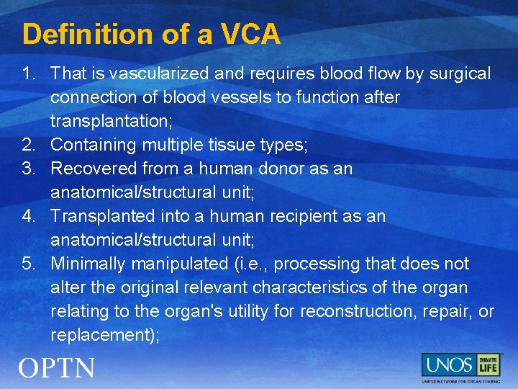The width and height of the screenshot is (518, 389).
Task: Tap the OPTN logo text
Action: click(x=57, y=368)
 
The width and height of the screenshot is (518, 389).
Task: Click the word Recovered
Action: click(x=95, y=169)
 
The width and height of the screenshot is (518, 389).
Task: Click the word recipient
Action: click(x=301, y=216)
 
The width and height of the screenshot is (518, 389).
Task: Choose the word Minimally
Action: click(x=88, y=264)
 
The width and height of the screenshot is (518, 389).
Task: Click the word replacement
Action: click(x=100, y=335)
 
